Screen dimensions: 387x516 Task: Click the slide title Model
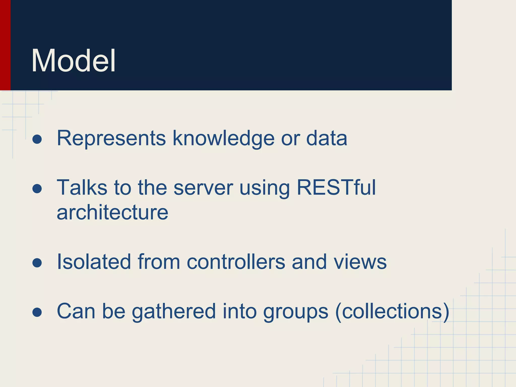pos(73,61)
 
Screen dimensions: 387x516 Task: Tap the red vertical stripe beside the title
pos(5,45)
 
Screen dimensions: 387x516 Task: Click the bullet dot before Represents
pos(37,139)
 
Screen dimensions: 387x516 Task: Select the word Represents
pos(111,138)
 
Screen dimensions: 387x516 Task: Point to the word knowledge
pos(223,139)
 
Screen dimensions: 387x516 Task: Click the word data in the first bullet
pos(327,138)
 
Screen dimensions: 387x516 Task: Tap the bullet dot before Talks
pos(37,189)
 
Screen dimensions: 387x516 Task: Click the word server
pos(203,188)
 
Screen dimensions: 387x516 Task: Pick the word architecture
pos(112,212)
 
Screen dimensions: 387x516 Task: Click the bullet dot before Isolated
pos(37,263)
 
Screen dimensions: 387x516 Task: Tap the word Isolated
pos(94,262)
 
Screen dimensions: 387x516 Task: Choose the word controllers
pos(236,262)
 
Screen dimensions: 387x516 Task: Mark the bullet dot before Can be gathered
pos(37,312)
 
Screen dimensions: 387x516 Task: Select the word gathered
pos(174,312)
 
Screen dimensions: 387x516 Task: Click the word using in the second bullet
pos(265,188)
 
